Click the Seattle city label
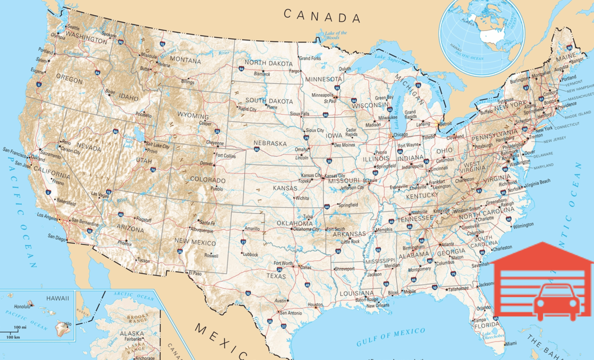(x=73, y=27)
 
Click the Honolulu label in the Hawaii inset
(x=22, y=306)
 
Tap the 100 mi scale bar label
(x=20, y=327)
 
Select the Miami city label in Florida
(x=511, y=343)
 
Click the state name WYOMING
(x=193, y=115)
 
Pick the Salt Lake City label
(x=157, y=145)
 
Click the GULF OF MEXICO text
(x=390, y=337)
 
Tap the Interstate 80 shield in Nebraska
(x=256, y=150)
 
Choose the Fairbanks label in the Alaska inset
(x=133, y=339)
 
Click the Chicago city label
(x=401, y=134)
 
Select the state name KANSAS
(x=285, y=188)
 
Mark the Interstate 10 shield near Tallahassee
(x=434, y=287)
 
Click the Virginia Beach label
(x=537, y=183)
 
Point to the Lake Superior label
(x=390, y=59)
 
